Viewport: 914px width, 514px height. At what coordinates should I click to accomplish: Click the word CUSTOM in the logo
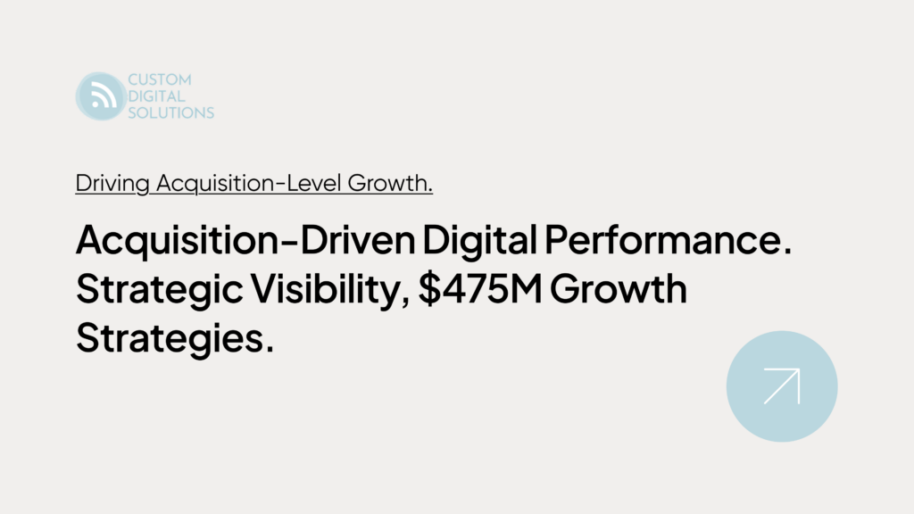[159, 79]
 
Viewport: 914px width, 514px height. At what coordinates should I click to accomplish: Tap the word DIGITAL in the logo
[156, 96]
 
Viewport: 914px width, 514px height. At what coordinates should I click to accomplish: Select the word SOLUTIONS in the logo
[170, 112]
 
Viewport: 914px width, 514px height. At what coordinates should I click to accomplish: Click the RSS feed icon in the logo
[101, 96]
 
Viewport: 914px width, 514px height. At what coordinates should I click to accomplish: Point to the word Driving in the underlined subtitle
[112, 184]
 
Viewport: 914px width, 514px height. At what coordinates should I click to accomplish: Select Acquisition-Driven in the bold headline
[245, 240]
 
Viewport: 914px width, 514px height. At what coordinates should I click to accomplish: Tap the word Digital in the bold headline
[479, 240]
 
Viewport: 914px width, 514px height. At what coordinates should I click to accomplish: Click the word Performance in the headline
[668, 239]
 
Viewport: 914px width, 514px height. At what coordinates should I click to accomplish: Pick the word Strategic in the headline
[159, 290]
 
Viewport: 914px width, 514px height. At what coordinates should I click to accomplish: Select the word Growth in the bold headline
[619, 288]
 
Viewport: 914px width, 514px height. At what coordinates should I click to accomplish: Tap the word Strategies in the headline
[175, 338]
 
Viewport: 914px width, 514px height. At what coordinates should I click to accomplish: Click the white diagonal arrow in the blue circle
[782, 386]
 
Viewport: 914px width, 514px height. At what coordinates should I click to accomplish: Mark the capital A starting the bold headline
[90, 239]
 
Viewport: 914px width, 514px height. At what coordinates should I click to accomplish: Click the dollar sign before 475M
[429, 288]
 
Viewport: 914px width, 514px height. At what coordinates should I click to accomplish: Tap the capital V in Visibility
[264, 289]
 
